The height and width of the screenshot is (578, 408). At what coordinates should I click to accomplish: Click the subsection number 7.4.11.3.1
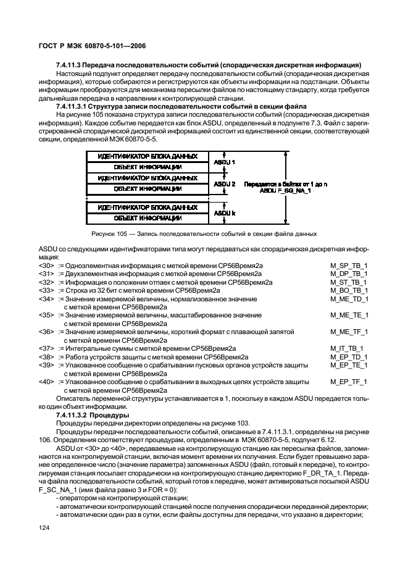click(77, 106)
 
